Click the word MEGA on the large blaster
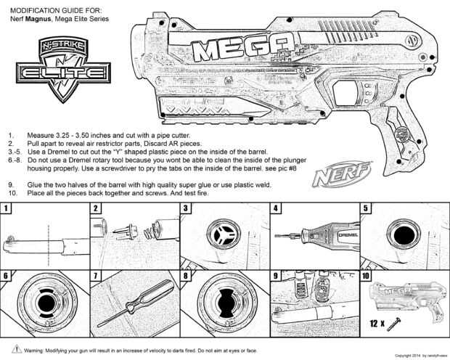click(x=239, y=51)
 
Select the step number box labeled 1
click(x=7, y=208)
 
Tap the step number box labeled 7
click(x=96, y=276)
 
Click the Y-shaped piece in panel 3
click(x=219, y=236)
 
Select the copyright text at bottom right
click(x=417, y=356)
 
